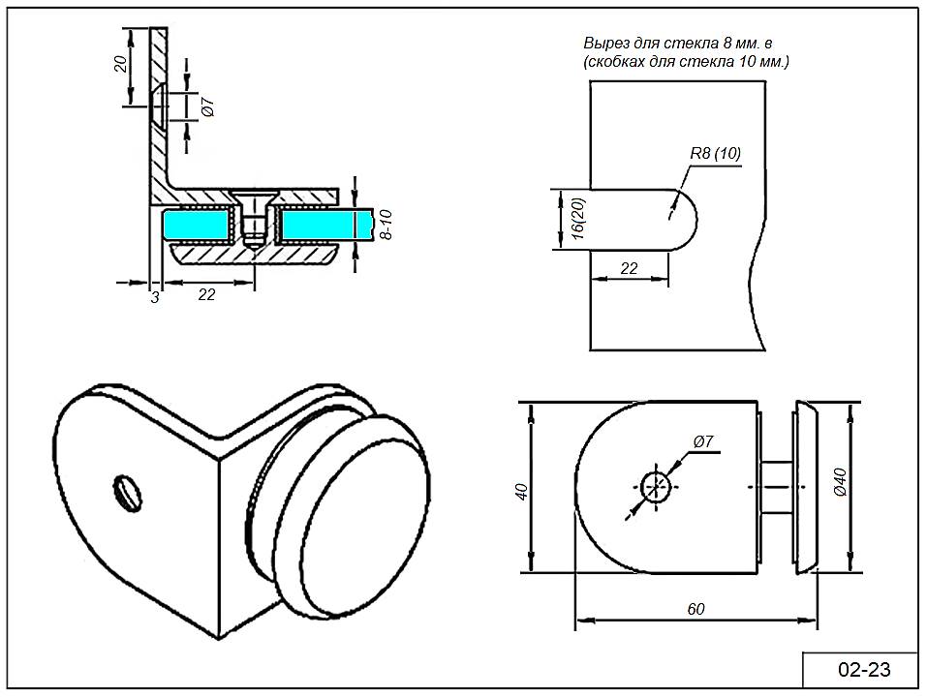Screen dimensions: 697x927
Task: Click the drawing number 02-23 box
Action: pyautogui.click(x=862, y=669)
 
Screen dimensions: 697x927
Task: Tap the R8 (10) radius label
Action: pyautogui.click(x=715, y=154)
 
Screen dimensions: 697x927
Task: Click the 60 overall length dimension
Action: pyautogui.click(x=695, y=608)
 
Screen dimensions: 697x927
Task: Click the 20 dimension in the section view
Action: pyautogui.click(x=120, y=64)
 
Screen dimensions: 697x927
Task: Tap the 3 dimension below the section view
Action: pyautogui.click(x=155, y=296)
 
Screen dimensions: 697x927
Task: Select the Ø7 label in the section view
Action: pyautogui.click(x=206, y=107)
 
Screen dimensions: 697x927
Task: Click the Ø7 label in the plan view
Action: pyautogui.click(x=703, y=441)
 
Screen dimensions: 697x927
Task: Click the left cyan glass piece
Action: pyautogui.click(x=198, y=226)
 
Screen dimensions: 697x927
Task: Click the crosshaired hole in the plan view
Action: pyautogui.click(x=656, y=486)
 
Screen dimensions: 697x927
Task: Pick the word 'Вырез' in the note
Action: pyautogui.click(x=604, y=45)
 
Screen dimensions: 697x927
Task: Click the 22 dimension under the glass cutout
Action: pyautogui.click(x=629, y=268)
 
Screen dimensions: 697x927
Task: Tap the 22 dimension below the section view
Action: pyautogui.click(x=206, y=295)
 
